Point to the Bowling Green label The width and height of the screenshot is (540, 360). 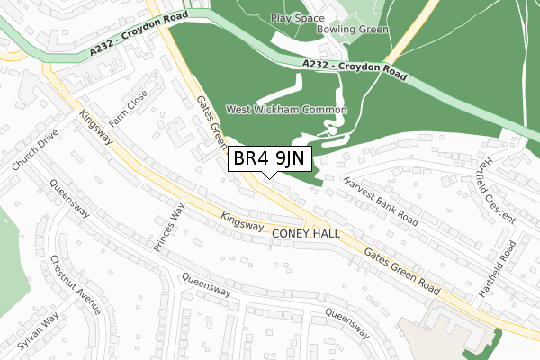[353, 30]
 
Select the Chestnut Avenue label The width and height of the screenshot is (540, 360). [78, 280]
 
